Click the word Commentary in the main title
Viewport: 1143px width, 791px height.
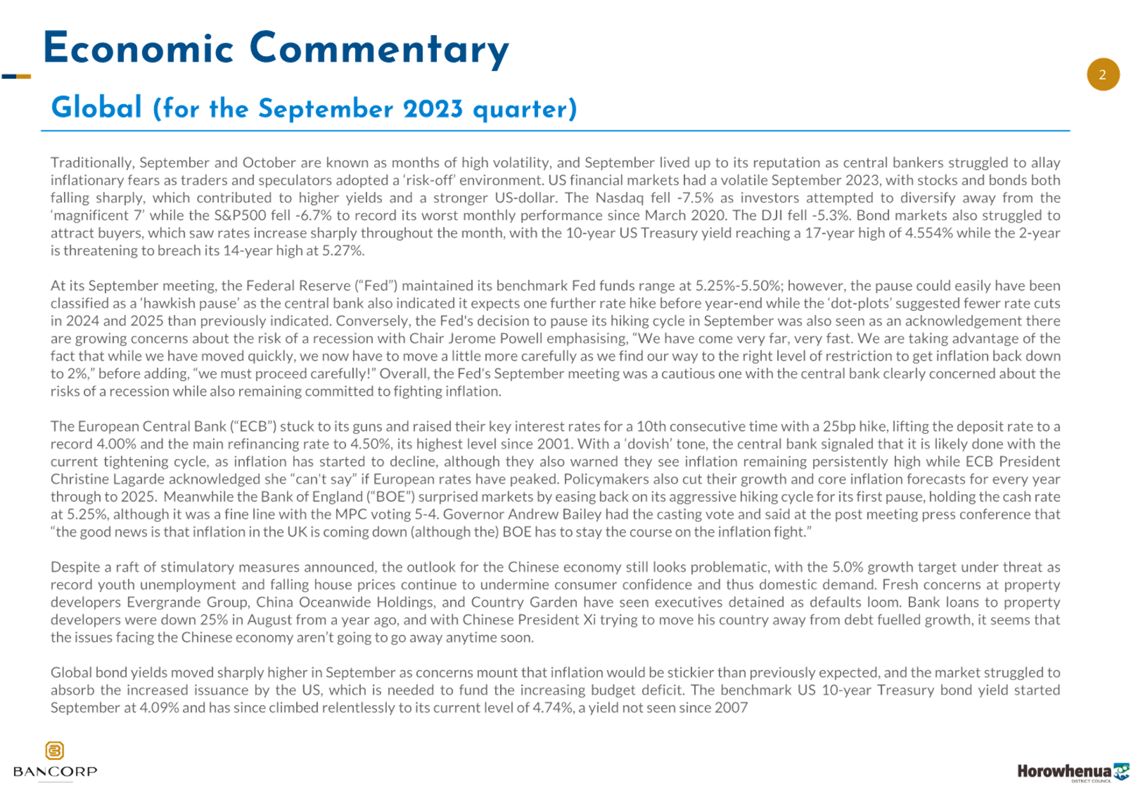(x=379, y=50)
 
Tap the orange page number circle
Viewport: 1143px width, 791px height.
(x=1103, y=75)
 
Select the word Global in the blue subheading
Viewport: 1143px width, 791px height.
(x=97, y=107)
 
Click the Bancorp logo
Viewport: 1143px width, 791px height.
(x=55, y=760)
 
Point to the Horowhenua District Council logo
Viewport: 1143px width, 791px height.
(x=1073, y=772)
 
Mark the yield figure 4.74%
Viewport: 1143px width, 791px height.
(x=553, y=708)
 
